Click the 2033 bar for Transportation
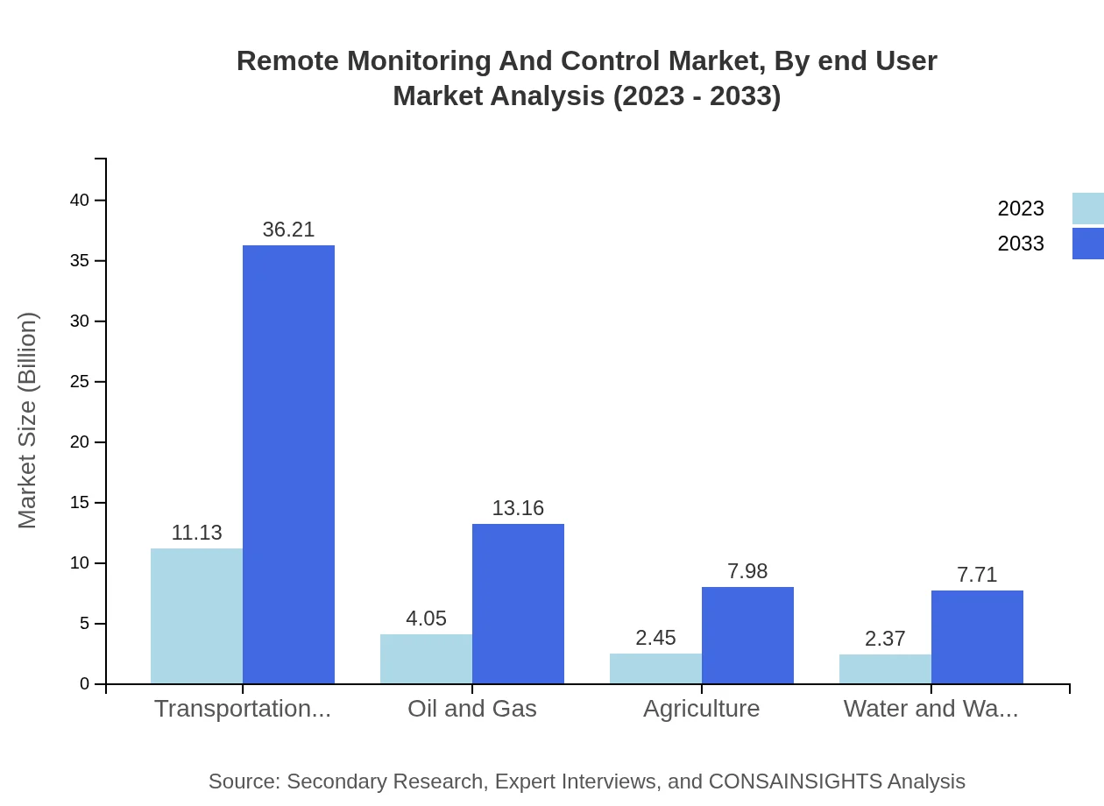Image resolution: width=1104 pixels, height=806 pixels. click(x=288, y=464)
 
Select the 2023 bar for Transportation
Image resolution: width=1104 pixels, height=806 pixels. click(x=196, y=616)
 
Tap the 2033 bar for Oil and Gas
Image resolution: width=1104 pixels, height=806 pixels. click(x=518, y=604)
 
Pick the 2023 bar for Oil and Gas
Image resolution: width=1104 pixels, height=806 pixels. click(x=426, y=659)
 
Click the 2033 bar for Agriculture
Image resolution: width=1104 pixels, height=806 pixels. click(x=747, y=635)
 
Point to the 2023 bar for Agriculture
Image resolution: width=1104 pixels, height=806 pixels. click(x=655, y=668)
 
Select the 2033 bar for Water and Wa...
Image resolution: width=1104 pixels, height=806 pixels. click(x=977, y=637)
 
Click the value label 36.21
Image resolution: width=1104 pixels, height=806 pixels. click(x=288, y=230)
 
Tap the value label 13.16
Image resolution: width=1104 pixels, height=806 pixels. click(x=518, y=508)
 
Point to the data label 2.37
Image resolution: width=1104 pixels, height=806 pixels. click(x=885, y=639)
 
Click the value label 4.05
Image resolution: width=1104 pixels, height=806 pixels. click(x=426, y=619)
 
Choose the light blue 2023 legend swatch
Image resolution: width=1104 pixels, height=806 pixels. click(x=1087, y=209)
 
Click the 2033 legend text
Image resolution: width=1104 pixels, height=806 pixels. click(x=1021, y=244)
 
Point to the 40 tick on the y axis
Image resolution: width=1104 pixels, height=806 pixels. click(x=80, y=201)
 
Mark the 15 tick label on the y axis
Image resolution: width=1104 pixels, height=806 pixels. click(x=80, y=503)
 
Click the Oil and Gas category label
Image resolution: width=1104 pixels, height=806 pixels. click(x=472, y=709)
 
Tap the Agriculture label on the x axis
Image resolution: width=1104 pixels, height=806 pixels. click(x=702, y=709)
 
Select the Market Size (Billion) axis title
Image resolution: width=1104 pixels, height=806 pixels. click(x=27, y=421)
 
